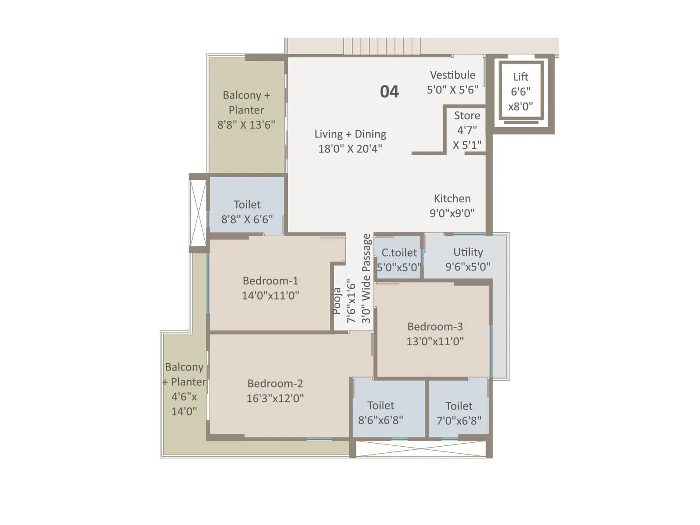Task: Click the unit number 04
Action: (x=389, y=91)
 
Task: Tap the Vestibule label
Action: (x=452, y=75)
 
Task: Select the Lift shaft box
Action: (x=521, y=91)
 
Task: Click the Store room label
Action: (x=467, y=115)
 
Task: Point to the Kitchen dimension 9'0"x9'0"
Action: (x=452, y=213)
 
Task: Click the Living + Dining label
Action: (x=350, y=134)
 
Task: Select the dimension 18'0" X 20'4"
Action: (x=350, y=149)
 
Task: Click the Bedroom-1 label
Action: (x=270, y=280)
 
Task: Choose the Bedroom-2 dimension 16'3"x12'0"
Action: (x=275, y=398)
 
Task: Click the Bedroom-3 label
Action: (x=435, y=326)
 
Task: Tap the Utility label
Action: (x=468, y=252)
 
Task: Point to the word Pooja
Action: (x=336, y=301)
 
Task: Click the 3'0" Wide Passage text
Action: (x=366, y=279)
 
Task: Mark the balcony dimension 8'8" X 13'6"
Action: (x=246, y=125)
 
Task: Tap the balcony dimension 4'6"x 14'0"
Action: (x=184, y=404)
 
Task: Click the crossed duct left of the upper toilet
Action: (x=198, y=213)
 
